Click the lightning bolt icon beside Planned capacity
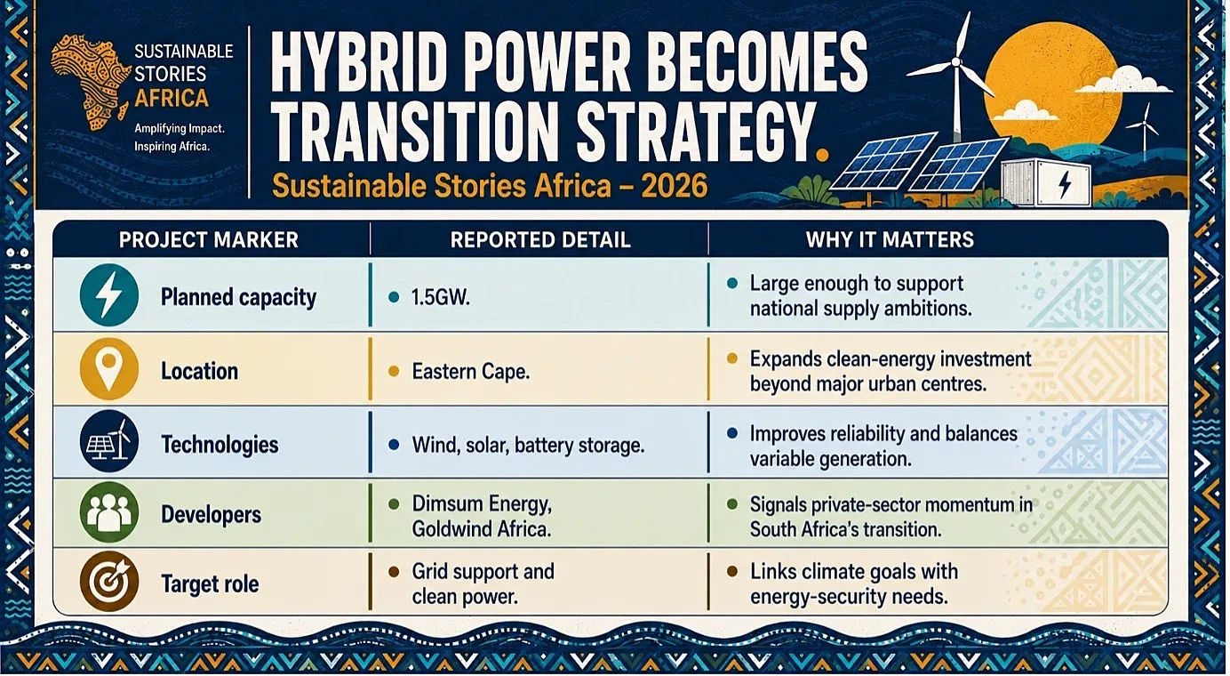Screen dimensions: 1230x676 click(x=108, y=295)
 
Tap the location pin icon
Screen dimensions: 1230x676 click(x=108, y=369)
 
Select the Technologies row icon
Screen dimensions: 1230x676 click(x=108, y=441)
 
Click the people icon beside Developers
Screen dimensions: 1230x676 click(x=108, y=512)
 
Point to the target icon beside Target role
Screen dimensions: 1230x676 click(x=108, y=582)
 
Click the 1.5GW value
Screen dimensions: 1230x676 click(x=441, y=298)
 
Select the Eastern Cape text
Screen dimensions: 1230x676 click(x=471, y=372)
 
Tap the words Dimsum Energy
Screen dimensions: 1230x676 click(x=482, y=504)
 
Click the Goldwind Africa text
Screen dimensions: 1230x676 click(x=481, y=529)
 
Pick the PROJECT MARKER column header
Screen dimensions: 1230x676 click(x=209, y=240)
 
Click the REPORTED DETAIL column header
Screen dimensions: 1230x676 click(x=540, y=240)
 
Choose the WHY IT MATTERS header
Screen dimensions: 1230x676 click(x=890, y=240)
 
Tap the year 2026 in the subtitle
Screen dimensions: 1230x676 click(x=675, y=186)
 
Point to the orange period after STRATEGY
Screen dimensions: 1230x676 click(x=822, y=155)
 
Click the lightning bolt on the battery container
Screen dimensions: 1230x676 click(x=1065, y=185)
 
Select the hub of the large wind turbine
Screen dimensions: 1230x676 click(x=956, y=62)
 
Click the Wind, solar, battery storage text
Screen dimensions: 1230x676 click(x=528, y=445)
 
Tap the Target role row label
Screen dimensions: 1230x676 click(x=210, y=583)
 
